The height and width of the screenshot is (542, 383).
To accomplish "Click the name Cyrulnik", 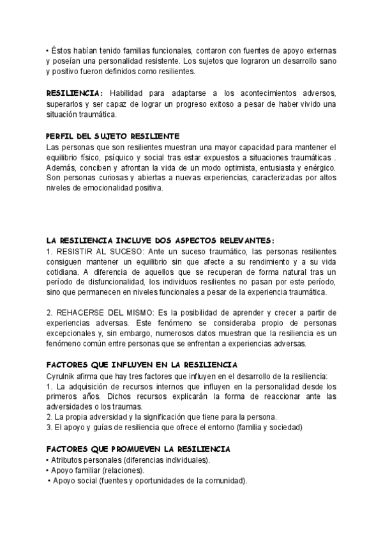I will point(63,376).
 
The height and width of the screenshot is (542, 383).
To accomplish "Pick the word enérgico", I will point(317,167).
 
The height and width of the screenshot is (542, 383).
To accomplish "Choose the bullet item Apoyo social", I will point(74,481).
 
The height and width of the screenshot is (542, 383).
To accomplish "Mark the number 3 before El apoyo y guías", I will point(49,428).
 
